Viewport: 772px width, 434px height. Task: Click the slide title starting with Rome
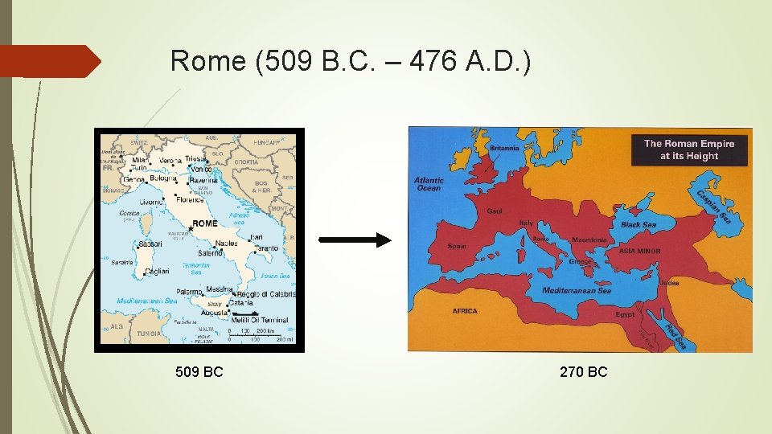(351, 61)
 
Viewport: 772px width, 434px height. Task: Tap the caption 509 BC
(199, 371)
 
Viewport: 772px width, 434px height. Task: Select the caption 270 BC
(584, 371)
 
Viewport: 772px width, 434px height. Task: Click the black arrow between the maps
(355, 240)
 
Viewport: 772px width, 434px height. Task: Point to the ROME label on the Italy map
(205, 223)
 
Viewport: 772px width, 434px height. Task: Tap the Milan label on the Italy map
(141, 160)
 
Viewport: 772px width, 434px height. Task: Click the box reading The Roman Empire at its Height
(689, 149)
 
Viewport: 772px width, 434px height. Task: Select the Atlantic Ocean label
(429, 184)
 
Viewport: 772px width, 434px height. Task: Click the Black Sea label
(639, 225)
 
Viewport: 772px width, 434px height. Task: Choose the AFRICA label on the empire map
(464, 311)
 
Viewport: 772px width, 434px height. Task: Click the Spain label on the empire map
(457, 246)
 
